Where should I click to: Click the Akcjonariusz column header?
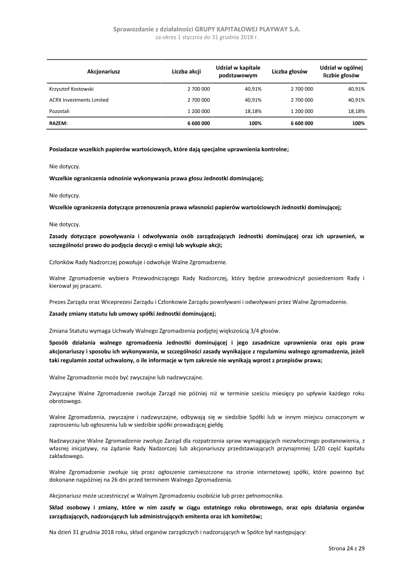103,72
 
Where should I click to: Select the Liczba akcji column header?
186,72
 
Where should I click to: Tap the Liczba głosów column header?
290,72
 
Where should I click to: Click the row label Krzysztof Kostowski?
71,89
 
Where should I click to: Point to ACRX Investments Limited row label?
79,100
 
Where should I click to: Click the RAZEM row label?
58,123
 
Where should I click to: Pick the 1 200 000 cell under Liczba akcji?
199,111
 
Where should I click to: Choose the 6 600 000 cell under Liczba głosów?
302,123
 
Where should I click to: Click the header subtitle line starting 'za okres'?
206,38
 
